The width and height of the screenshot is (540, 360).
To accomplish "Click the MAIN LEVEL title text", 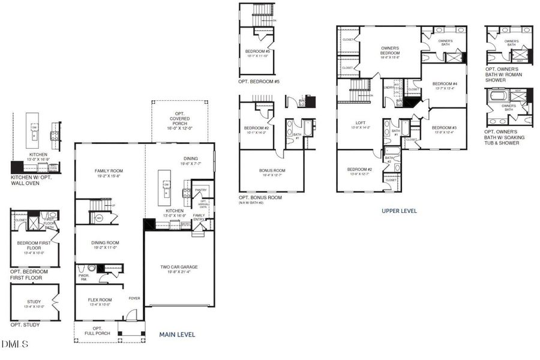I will coord(177,334).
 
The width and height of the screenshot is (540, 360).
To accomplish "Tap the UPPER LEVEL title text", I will coord(399,211).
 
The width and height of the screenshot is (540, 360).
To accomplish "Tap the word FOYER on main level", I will coord(134,298).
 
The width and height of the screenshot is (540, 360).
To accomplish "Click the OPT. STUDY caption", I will coord(25,325).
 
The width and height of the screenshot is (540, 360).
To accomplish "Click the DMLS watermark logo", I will coord(14,344).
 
